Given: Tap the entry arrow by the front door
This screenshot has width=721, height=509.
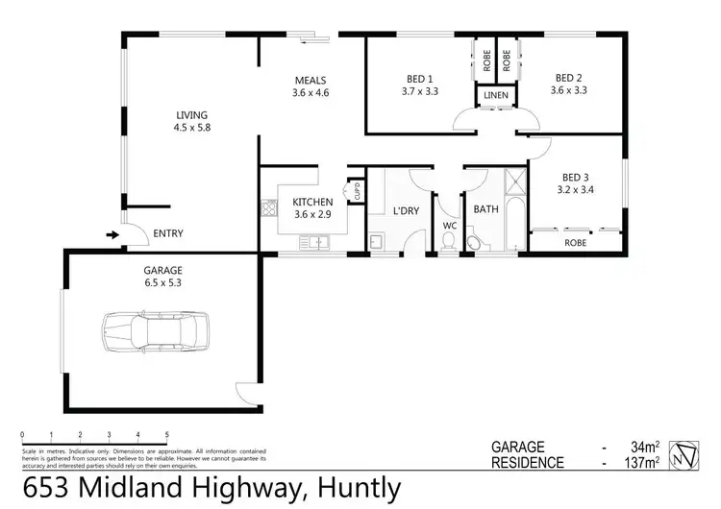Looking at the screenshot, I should point(112,233).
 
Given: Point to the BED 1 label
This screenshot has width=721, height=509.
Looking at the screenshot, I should point(418,85).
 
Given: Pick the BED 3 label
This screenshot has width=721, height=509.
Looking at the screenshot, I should point(576,183).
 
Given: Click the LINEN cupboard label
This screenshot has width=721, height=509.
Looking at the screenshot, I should point(496,96).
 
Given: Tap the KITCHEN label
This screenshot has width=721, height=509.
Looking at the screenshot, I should point(312,208).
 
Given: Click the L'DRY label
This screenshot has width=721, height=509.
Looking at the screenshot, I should point(407,211).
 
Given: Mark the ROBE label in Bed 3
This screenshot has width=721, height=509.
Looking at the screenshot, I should point(576,243).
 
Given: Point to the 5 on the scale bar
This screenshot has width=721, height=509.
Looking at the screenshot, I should point(167,434).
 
